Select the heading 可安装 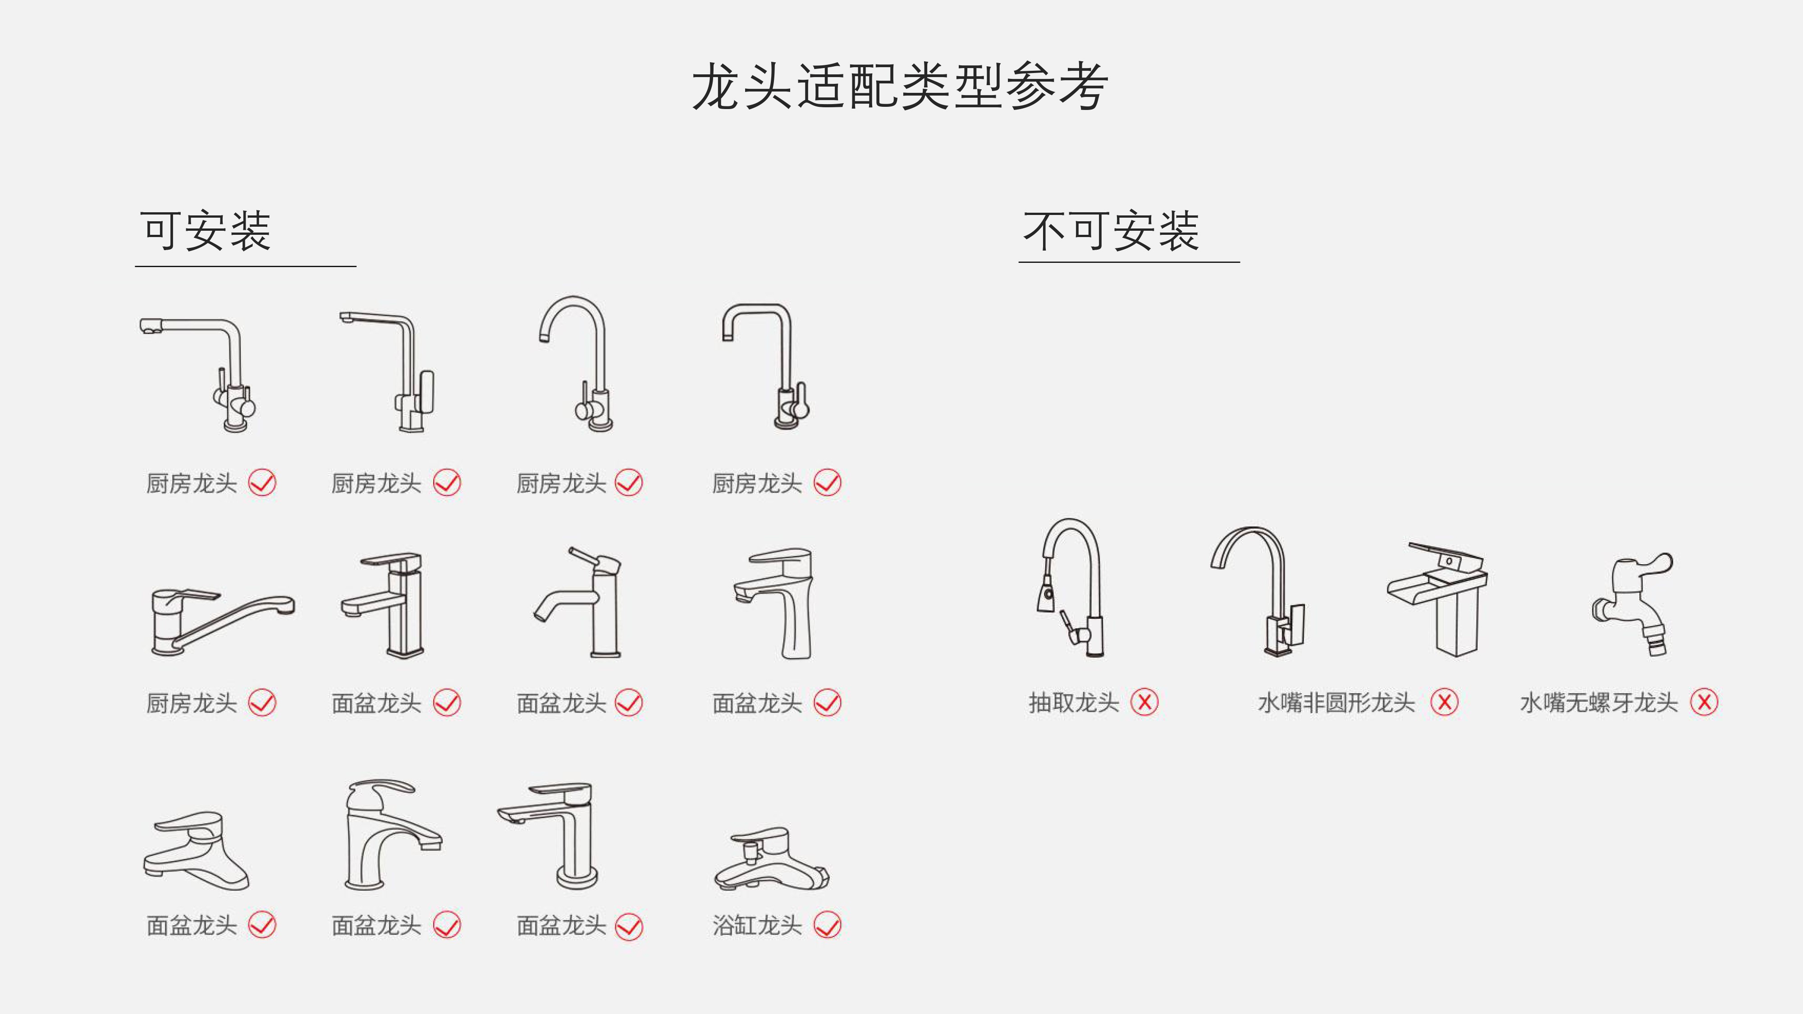click(x=205, y=231)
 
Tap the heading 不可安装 click(x=1111, y=231)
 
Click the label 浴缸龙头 click(x=757, y=925)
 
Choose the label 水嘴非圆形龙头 click(x=1336, y=703)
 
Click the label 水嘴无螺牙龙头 click(x=1599, y=703)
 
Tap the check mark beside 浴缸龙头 click(x=827, y=925)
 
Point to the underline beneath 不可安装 click(x=1129, y=262)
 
